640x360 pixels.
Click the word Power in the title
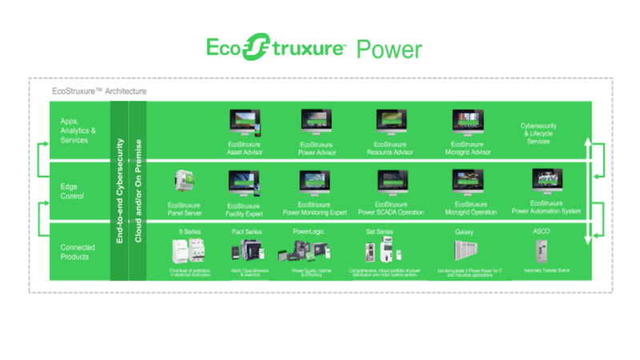point(388,49)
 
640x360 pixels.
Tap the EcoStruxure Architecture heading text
point(98,91)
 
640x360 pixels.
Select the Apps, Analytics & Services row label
point(78,130)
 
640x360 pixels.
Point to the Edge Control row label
point(74,191)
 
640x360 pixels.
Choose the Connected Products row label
point(78,252)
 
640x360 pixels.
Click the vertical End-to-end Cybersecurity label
point(118,191)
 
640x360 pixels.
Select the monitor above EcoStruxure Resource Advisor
point(391,122)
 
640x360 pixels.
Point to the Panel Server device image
point(182,182)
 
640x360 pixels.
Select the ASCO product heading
point(542,231)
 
